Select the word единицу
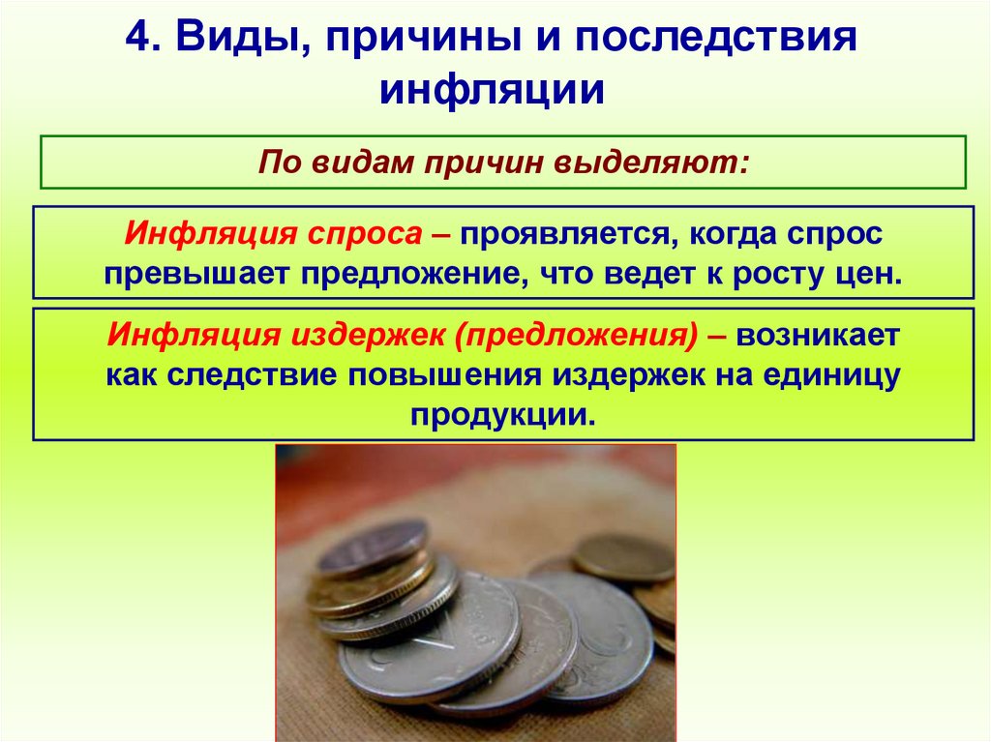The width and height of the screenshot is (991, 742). point(826,374)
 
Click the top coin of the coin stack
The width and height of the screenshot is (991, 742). point(373,547)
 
